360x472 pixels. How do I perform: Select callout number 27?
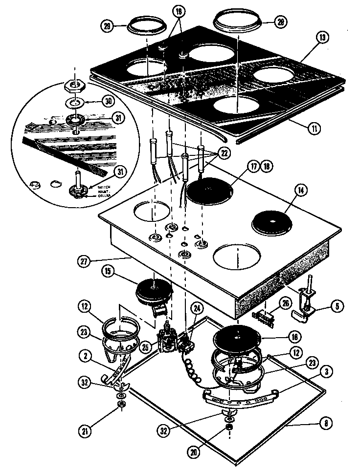click(x=83, y=261)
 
